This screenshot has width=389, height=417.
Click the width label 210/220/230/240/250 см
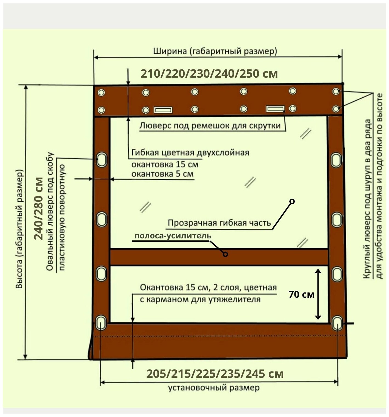click(x=209, y=74)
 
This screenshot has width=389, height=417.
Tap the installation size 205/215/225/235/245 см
click(x=215, y=374)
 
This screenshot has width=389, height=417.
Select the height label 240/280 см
click(x=39, y=208)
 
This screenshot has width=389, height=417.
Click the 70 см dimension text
click(x=301, y=295)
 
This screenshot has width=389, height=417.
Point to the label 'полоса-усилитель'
click(x=173, y=236)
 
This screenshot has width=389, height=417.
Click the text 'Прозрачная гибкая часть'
click(x=219, y=223)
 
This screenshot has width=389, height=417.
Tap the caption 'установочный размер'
click(x=213, y=388)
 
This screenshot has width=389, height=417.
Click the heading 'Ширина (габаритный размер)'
click(x=215, y=51)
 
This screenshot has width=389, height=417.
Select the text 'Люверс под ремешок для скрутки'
click(x=210, y=126)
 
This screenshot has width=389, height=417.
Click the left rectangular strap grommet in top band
click(x=163, y=110)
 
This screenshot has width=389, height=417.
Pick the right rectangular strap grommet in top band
click(x=275, y=109)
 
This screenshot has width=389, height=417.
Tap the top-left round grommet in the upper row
click(x=101, y=93)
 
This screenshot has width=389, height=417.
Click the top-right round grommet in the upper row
click(x=336, y=91)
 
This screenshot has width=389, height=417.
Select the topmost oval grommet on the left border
click(x=101, y=159)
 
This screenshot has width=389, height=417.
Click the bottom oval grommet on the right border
click(x=337, y=323)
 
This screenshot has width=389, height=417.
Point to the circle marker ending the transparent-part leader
click(x=292, y=201)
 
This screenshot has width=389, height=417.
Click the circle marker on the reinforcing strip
click(x=225, y=254)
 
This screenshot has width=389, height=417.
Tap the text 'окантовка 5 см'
click(x=162, y=174)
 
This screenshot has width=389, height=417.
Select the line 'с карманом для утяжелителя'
click(x=200, y=299)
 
